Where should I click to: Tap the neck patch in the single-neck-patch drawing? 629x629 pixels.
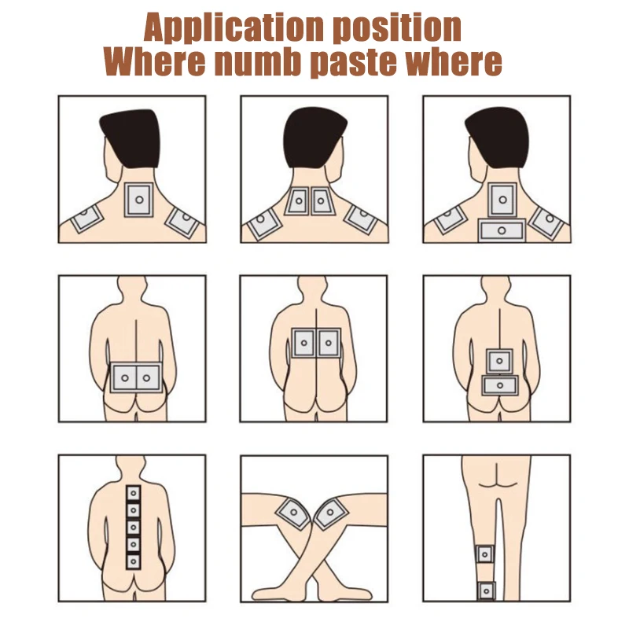click(x=139, y=200)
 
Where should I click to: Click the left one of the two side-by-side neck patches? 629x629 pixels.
click(x=299, y=202)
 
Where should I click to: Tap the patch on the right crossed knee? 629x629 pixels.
click(x=331, y=516)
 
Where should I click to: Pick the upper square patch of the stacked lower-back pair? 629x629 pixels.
click(x=500, y=362)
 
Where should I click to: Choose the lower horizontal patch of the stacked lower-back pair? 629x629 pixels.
click(x=500, y=385)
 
